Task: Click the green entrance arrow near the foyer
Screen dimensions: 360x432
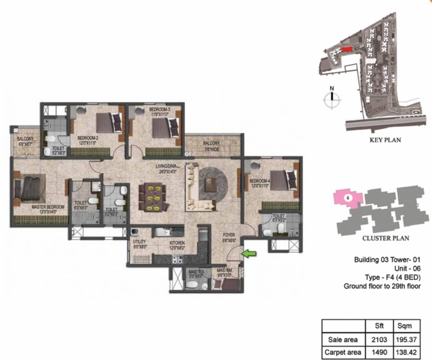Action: [250, 254]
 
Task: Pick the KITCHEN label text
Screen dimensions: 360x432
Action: [177, 243]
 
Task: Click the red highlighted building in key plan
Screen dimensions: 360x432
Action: [346, 49]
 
